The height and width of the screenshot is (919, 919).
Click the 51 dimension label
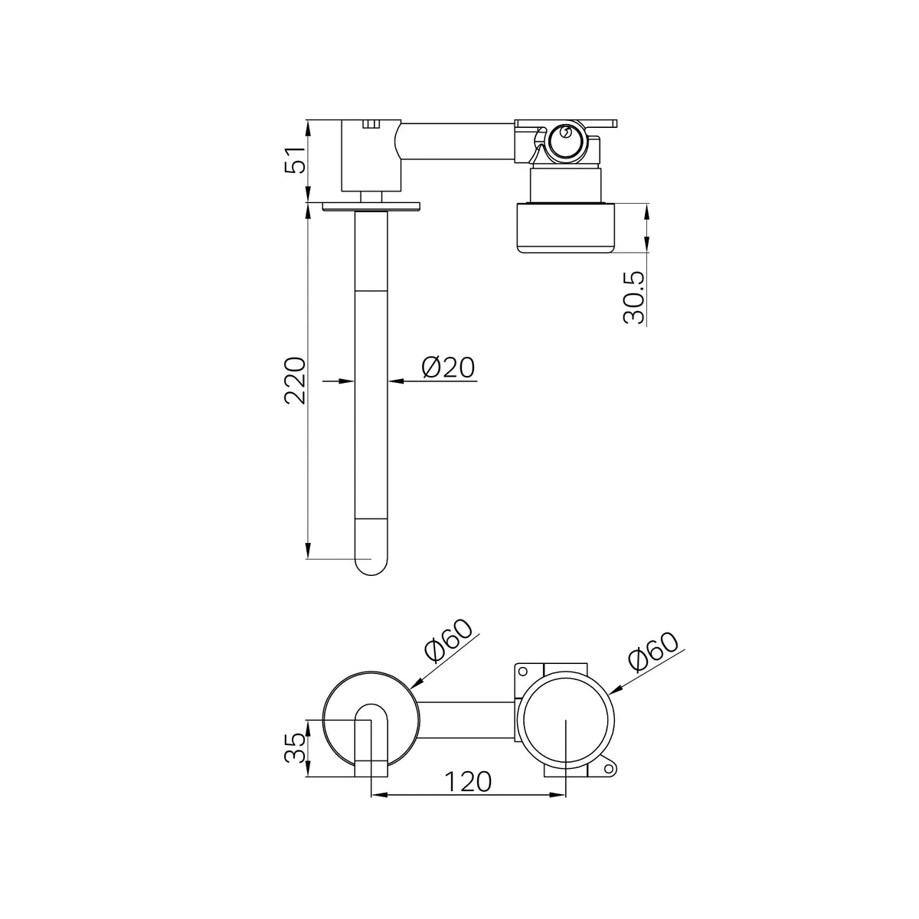(295, 160)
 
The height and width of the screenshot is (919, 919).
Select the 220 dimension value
(295, 380)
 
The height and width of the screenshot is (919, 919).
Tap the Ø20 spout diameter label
(448, 368)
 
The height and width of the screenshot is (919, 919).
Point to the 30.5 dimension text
(634, 298)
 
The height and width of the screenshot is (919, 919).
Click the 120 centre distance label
(467, 781)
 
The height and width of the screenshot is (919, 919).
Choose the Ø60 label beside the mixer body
(652, 652)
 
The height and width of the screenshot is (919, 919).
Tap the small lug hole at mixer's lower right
(609, 768)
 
